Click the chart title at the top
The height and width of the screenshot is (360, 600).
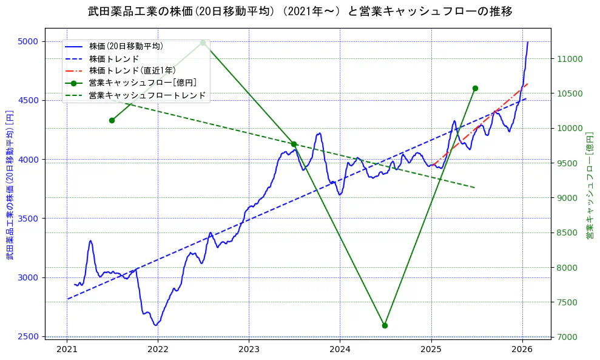[300, 11]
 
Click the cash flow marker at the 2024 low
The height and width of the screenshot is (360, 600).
[385, 325]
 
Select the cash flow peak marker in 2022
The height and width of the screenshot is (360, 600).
[203, 42]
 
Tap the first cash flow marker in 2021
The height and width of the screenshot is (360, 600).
[112, 120]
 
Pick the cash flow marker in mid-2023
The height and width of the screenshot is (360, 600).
[294, 144]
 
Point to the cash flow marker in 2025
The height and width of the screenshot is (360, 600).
[475, 88]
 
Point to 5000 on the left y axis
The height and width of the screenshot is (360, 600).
[28, 41]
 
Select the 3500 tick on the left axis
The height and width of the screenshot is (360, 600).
[28, 219]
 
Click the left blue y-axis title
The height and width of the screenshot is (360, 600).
[10, 185]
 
